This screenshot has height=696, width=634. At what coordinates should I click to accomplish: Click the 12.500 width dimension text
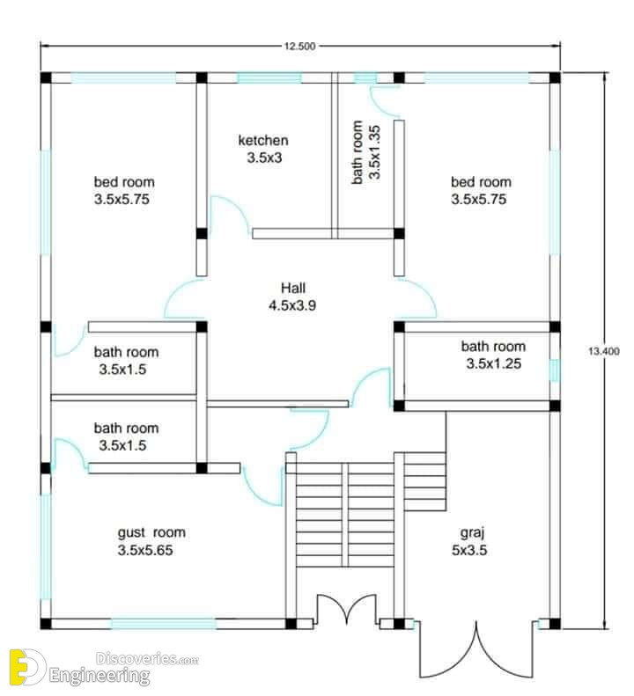point(300,46)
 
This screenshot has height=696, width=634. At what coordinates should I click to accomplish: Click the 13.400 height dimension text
point(604,351)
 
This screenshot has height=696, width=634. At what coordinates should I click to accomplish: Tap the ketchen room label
point(263,140)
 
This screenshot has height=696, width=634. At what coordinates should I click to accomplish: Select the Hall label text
point(293,288)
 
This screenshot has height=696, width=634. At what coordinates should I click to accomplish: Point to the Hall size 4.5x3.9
point(292,305)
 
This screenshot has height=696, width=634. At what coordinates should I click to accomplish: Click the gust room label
point(151,532)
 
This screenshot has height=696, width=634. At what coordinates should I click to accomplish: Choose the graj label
point(472,533)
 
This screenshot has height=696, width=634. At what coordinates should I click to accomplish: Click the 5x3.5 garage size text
point(469,551)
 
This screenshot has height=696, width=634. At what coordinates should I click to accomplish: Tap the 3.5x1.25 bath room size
point(494,364)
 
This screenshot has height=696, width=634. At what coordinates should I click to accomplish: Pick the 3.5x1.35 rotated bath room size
point(375,152)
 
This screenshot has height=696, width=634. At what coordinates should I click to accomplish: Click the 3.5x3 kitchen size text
point(264,158)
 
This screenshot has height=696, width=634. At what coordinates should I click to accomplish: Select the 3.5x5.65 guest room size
point(145,551)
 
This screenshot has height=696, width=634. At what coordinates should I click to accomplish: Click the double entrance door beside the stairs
point(347,610)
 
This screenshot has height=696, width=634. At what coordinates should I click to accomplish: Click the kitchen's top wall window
point(269,78)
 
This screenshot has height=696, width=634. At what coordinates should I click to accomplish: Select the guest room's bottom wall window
point(164,624)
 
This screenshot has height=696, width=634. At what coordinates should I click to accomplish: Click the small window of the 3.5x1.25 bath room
point(555,370)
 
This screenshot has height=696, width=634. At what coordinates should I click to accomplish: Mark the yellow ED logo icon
point(27,667)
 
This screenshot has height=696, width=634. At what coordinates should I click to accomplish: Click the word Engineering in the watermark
point(100,676)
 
